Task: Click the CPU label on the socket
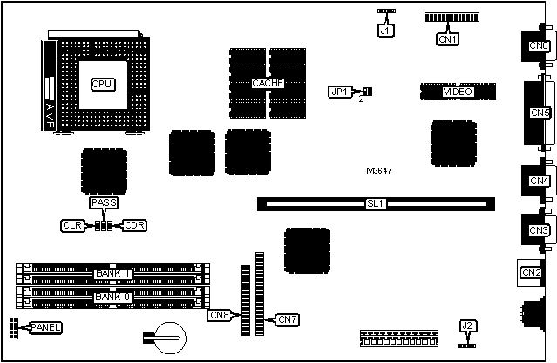coord(103,84)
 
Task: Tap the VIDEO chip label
coord(482,91)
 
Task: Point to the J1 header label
coord(385,30)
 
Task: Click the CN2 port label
coord(531,272)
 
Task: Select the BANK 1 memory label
coord(112,274)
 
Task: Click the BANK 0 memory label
coord(112,297)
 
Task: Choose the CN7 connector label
coord(288,319)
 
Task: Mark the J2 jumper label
coord(468,325)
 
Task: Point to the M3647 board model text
coord(379,170)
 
